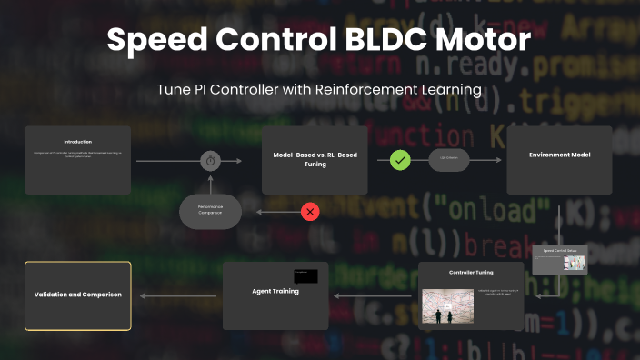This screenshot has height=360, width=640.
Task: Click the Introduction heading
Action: [78, 142]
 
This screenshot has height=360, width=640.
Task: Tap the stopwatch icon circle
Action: [211, 161]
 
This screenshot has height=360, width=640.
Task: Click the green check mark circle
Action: [401, 161]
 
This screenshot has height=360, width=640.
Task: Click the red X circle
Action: [311, 212]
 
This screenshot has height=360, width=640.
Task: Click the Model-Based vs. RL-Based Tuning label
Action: [315, 160]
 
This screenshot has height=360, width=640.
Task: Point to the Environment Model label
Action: [559, 155]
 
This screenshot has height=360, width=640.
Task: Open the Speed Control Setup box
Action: [560, 259]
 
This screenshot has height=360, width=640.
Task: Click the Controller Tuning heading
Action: [471, 273]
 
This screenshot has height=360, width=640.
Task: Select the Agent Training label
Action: [275, 291]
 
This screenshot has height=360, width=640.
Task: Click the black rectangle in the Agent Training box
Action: [305, 275]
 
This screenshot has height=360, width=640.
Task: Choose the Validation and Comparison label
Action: [78, 295]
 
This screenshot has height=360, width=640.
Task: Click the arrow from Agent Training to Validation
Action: [178, 295]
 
